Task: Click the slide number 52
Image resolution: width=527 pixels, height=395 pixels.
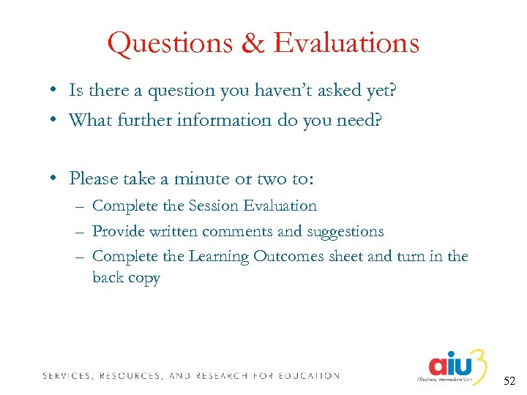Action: coord(509,381)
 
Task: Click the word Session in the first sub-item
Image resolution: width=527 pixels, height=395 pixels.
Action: coord(215,206)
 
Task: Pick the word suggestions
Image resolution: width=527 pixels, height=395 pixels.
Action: coord(345,231)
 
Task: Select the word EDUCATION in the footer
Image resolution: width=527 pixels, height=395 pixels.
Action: coord(308,375)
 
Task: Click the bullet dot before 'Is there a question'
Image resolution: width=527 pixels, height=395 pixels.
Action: coord(55,91)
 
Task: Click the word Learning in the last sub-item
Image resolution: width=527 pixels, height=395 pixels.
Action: coord(218,257)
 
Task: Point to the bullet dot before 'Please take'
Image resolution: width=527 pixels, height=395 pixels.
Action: coord(55,178)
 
